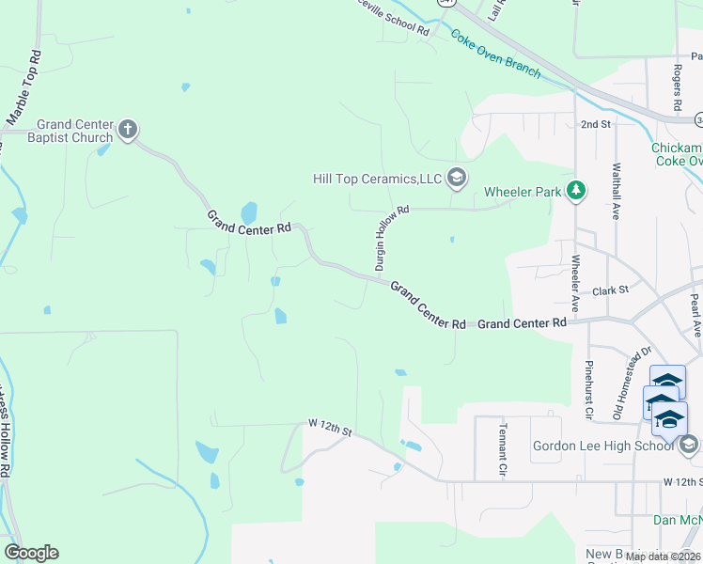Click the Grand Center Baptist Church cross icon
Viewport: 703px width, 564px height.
tap(128, 129)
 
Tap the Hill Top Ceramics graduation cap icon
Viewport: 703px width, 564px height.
tap(457, 177)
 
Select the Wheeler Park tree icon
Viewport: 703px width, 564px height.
tap(576, 192)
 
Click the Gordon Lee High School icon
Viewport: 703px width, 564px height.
tap(688, 444)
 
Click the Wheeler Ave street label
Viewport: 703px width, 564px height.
tap(575, 282)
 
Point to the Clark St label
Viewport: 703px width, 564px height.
tap(610, 291)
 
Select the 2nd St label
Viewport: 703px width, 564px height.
tap(595, 124)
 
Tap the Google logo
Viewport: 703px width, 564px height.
tap(31, 553)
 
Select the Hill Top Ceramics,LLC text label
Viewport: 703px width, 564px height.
tap(377, 179)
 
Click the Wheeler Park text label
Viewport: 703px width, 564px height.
tap(522, 193)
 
